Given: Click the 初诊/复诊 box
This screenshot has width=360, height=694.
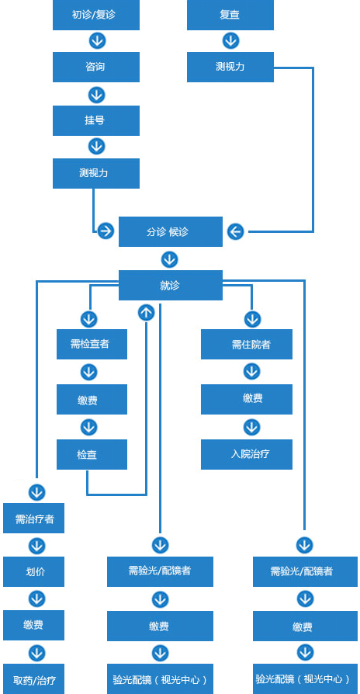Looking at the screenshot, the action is pyautogui.click(x=96, y=15).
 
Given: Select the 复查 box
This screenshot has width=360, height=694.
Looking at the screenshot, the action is pyautogui.click(x=230, y=15).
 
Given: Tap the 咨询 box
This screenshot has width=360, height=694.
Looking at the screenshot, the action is pyautogui.click(x=96, y=67).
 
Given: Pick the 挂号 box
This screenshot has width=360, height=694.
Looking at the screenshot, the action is pyautogui.click(x=96, y=120).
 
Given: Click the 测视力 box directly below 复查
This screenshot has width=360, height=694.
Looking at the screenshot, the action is pyautogui.click(x=230, y=67).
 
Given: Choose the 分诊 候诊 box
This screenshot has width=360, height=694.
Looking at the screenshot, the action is pyautogui.click(x=170, y=231).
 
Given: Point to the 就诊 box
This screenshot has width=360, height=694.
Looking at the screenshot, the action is pyautogui.click(x=170, y=286).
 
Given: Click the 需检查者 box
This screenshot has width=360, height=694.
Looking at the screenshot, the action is pyautogui.click(x=92, y=344).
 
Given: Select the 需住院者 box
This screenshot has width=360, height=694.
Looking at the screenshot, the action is pyautogui.click(x=247, y=344).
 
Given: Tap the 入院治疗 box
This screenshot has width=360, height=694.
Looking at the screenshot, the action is pyautogui.click(x=247, y=454).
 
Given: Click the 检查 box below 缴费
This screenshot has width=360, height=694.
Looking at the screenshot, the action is pyautogui.click(x=92, y=454).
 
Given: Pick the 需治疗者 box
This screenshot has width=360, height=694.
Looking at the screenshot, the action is pyautogui.click(x=33, y=518).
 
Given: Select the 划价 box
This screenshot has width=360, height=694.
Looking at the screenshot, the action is pyautogui.click(x=33, y=571).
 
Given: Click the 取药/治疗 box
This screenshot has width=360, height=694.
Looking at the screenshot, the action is pyautogui.click(x=33, y=679).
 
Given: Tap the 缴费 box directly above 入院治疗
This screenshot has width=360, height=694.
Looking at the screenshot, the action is pyautogui.click(x=247, y=399).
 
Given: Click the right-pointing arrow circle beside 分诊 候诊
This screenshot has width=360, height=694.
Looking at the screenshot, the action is pyautogui.click(x=106, y=231).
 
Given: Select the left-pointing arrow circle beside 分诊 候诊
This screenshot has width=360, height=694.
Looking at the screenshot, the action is pyautogui.click(x=236, y=231).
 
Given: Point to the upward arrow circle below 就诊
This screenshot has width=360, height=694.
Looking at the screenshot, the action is pyautogui.click(x=147, y=313).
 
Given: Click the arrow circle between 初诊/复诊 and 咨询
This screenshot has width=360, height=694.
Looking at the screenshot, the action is pyautogui.click(x=97, y=40).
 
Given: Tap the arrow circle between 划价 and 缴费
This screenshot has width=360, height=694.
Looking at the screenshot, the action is pyautogui.click(x=36, y=599).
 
